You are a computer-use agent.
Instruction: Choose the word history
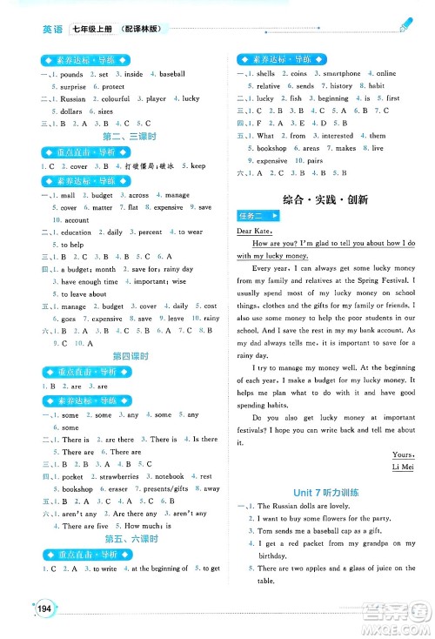tap(341, 86)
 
